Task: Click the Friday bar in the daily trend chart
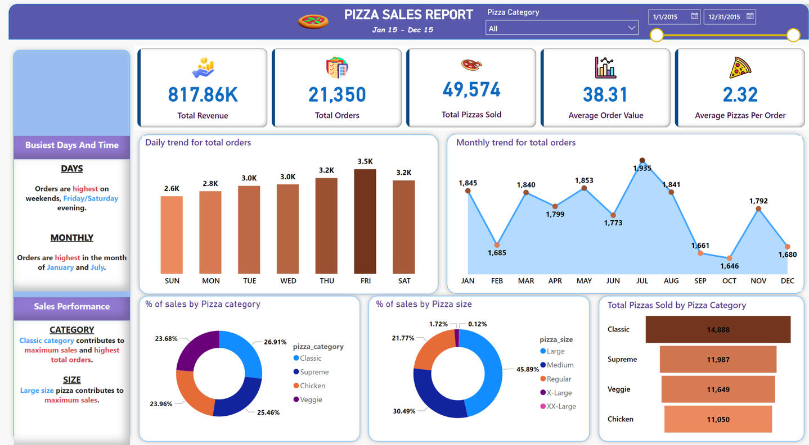[x=365, y=221]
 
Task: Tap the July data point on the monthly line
[x=642, y=161]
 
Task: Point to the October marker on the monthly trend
[x=729, y=258]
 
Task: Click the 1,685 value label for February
[x=497, y=253]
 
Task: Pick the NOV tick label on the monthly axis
[x=758, y=281]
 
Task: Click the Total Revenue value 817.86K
[x=203, y=95]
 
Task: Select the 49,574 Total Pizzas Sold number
[x=471, y=90]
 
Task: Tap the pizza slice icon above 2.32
[x=740, y=67]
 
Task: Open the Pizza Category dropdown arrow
[x=631, y=28]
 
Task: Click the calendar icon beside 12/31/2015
[x=750, y=16]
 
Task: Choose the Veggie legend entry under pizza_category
[x=311, y=399]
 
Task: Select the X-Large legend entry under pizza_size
[x=559, y=393]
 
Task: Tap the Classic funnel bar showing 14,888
[x=718, y=329]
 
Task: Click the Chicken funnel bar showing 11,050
[x=718, y=419]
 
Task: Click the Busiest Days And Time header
[x=71, y=145]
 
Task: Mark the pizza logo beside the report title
[x=313, y=21]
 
